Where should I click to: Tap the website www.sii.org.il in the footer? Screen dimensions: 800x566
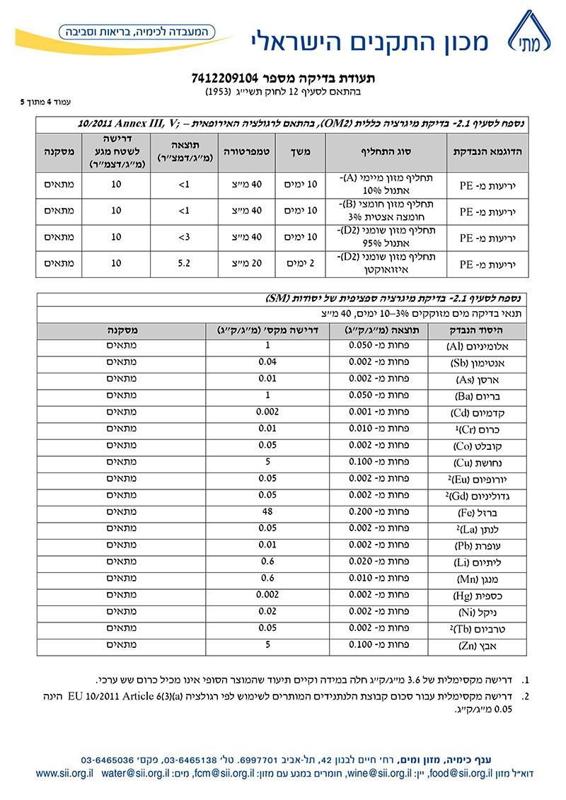point(64,773)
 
